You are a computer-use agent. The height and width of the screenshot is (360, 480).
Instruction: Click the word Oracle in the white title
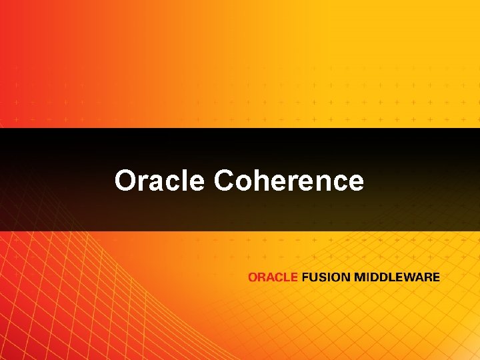159,181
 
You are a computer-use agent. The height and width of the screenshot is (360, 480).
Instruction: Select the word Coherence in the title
289,181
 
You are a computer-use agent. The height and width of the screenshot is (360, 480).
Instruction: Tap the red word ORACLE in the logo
273,277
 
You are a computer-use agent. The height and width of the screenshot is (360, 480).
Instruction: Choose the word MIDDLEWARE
397,277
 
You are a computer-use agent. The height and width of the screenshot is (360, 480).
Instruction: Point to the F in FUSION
305,277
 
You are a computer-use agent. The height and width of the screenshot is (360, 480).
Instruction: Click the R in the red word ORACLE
261,277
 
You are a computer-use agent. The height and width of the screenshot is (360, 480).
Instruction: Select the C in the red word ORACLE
279,277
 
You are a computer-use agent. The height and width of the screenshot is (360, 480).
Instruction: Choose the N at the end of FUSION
345,277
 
